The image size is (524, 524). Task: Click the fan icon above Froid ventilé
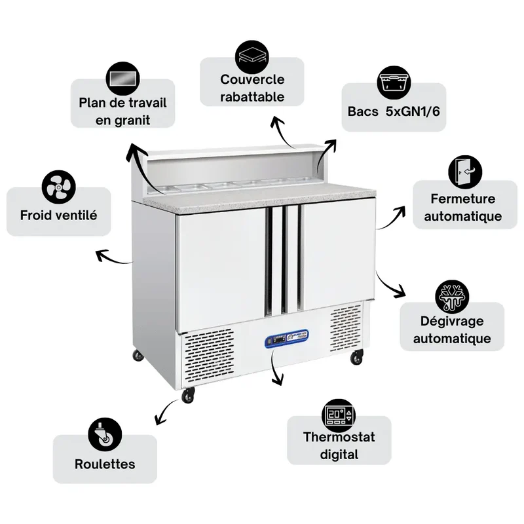59,187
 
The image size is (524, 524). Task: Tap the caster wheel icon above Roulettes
105,434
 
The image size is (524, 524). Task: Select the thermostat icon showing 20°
339,415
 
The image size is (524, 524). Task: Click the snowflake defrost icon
452,297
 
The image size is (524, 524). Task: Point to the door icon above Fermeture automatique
465,172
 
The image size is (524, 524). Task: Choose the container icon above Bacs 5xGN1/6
394,83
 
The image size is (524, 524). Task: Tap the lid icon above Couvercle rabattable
252,57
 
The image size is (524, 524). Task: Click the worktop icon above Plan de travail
122,79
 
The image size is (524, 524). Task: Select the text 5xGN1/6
413,111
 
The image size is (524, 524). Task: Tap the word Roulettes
105,464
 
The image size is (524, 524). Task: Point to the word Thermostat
339,437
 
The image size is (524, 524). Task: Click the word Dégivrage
452,321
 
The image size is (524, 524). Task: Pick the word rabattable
252,97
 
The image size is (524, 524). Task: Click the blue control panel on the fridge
287,337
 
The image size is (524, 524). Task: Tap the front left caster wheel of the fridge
188,395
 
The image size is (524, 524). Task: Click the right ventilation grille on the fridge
346,327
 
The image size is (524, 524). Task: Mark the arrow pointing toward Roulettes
166,412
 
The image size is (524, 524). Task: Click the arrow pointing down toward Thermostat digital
276,367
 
